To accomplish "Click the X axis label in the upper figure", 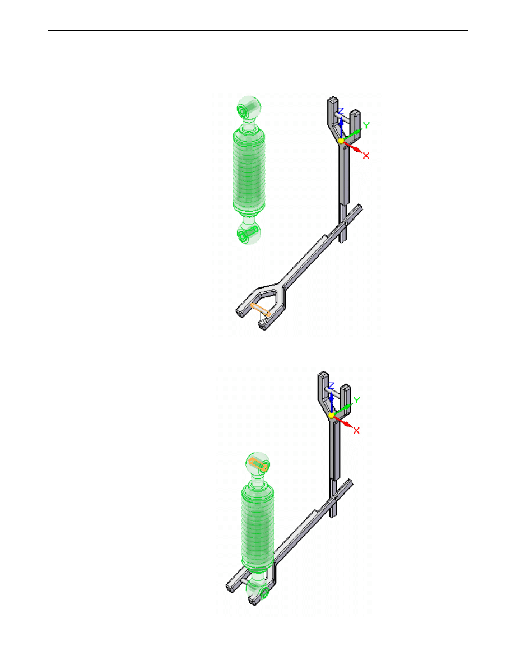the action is (366, 156).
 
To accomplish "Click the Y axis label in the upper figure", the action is (366, 125).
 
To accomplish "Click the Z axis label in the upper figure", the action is (341, 111).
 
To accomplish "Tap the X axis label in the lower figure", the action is (356, 430).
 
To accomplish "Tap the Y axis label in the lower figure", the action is (356, 401).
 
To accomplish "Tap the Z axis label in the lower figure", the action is (331, 386).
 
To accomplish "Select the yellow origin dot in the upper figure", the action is (341, 141).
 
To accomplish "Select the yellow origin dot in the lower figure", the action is (331, 415).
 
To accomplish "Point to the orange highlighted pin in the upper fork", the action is (261, 310).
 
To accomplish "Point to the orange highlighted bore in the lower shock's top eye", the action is (258, 464).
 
